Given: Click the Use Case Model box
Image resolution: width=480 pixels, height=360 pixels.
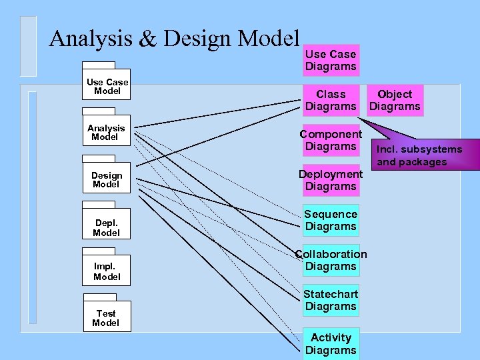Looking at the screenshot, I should pyautogui.click(x=107, y=87).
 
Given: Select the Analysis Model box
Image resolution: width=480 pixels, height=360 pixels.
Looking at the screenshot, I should pyautogui.click(x=106, y=133).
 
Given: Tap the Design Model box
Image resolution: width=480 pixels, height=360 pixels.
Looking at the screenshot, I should pyautogui.click(x=107, y=180).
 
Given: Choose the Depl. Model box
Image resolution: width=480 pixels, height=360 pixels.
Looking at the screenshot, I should pyautogui.click(x=107, y=228).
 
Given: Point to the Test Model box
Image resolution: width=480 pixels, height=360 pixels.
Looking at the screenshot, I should pyautogui.click(x=106, y=318).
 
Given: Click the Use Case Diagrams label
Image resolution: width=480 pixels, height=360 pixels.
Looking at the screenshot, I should pyautogui.click(x=331, y=60).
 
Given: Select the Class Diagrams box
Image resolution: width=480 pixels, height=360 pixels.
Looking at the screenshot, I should pyautogui.click(x=331, y=101).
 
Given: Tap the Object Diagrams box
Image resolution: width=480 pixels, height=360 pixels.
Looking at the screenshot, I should pyautogui.click(x=395, y=101).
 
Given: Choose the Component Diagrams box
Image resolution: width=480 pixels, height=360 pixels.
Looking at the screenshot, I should pyautogui.click(x=331, y=140).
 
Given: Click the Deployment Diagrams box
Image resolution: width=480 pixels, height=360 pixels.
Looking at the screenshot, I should pyautogui.click(x=331, y=180).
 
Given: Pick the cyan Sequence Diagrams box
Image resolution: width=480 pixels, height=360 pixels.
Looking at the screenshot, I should pyautogui.click(x=331, y=220).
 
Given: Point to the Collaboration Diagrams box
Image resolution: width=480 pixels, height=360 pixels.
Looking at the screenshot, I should pyautogui.click(x=331, y=260).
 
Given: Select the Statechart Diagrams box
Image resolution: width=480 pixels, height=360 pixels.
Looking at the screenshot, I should pyautogui.click(x=331, y=300).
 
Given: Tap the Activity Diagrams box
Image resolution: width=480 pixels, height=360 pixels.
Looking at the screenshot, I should pyautogui.click(x=331, y=343).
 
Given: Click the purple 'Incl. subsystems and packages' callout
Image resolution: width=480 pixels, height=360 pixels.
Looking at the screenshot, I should pyautogui.click(x=419, y=155).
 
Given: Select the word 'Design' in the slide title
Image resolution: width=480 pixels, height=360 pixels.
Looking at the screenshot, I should pyautogui.click(x=197, y=40).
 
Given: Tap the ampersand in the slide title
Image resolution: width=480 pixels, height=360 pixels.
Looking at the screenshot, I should pyautogui.click(x=147, y=39).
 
